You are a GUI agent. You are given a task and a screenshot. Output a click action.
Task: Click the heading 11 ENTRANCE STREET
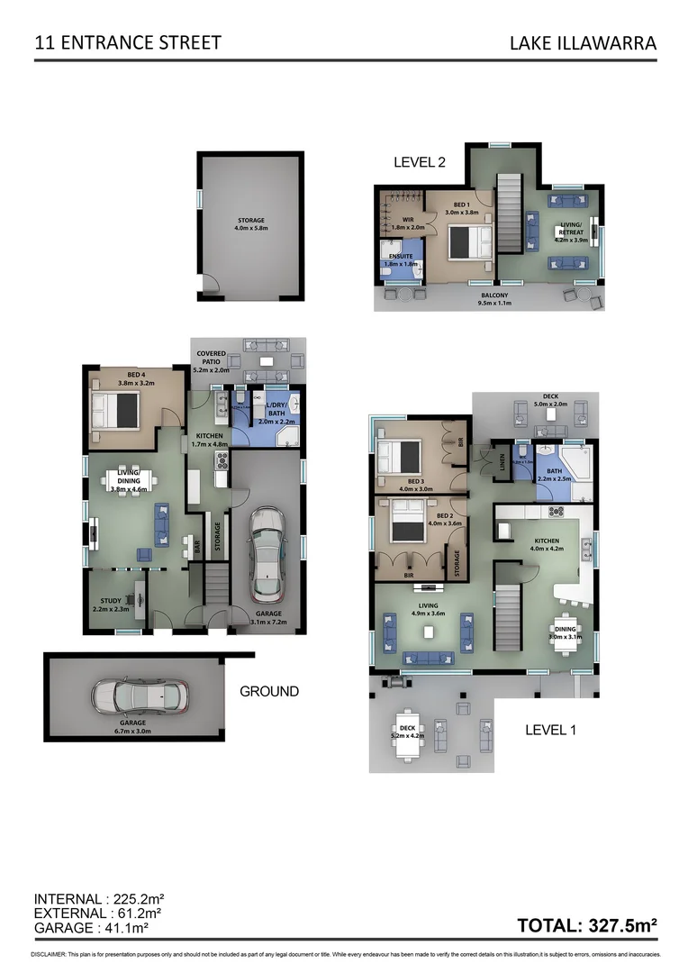coord(127,42)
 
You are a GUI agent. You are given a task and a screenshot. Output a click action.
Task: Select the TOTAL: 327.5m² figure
coord(587,924)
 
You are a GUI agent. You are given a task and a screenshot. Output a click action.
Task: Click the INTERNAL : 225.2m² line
coord(98,899)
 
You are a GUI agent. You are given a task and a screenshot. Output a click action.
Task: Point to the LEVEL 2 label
coord(420,162)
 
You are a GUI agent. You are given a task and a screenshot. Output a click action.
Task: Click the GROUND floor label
coord(268,691)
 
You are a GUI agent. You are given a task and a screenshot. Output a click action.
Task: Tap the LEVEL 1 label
coord(550,730)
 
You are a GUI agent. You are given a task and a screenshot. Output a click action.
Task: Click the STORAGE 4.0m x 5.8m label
coord(250,223)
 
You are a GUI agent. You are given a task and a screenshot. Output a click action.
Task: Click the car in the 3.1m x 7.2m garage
coord(267,555)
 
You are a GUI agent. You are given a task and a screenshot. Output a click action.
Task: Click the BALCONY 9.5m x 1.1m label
coord(493,299)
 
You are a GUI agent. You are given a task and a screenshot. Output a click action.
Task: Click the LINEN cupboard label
coord(502,461)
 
